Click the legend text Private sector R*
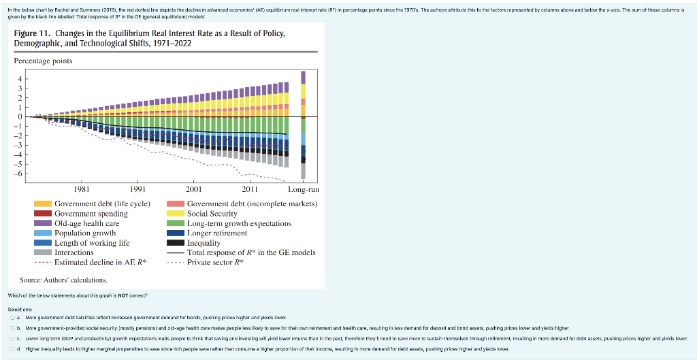tap(216, 262)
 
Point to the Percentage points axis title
tap(43, 61)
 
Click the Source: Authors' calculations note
tap(63, 280)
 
